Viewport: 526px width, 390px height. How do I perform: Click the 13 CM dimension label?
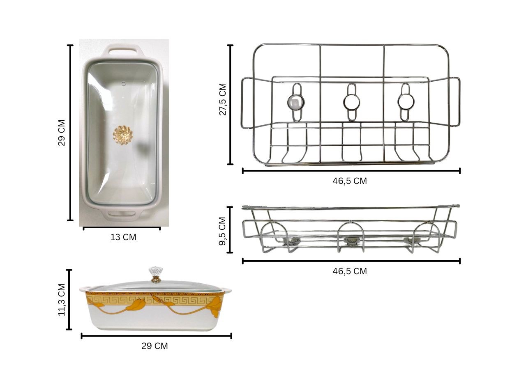(123, 237)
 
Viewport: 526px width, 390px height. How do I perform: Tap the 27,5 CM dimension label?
(223, 99)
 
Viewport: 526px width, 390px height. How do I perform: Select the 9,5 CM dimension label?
(222, 231)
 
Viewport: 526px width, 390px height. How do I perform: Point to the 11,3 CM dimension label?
(62, 300)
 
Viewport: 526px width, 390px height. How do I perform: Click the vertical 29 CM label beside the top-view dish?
(61, 133)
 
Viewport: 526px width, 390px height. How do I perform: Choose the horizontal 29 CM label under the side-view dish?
(155, 346)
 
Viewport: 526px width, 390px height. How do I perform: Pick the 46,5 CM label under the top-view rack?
(350, 181)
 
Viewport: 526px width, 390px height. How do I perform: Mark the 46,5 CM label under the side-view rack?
(350, 271)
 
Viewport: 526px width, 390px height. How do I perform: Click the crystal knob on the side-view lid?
(156, 274)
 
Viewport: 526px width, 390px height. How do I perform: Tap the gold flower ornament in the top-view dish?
(123, 135)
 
